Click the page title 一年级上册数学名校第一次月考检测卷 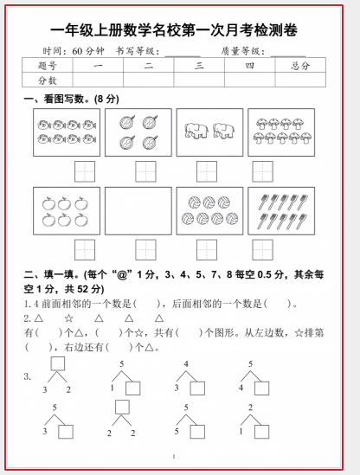174,30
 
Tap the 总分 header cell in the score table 300,65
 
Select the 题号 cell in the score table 48,65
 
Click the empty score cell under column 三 199,80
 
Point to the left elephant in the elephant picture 196,131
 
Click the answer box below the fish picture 85,171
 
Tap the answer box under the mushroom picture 263,171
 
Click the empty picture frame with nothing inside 138,211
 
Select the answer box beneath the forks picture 263,250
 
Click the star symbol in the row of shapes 68,318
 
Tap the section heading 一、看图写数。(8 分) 71,99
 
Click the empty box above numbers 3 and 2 58,363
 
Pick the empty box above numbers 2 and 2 122,407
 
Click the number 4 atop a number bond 186,363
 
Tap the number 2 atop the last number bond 250,408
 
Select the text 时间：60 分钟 74,51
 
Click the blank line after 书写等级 183,56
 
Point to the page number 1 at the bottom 174,456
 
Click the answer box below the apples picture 85,250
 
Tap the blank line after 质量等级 288,56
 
